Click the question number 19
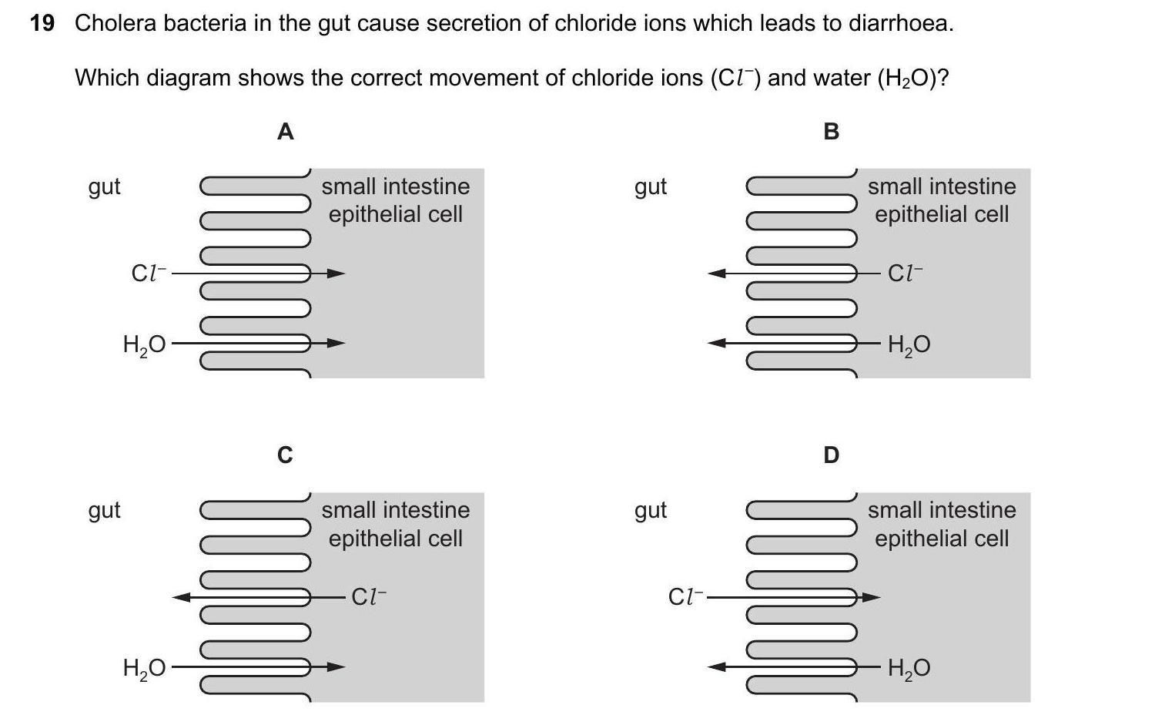(x=42, y=24)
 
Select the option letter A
(x=285, y=133)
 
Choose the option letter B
(x=831, y=133)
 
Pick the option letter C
(x=285, y=455)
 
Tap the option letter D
(x=831, y=455)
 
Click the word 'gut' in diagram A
(x=105, y=187)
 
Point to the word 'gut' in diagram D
(x=651, y=511)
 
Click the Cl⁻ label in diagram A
(x=149, y=273)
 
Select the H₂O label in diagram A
(x=144, y=344)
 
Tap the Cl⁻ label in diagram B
(x=906, y=273)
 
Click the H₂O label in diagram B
(x=909, y=344)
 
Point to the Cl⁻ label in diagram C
(x=369, y=596)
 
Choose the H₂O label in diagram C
(x=144, y=668)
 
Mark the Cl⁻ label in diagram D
(x=686, y=596)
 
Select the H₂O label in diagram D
(x=909, y=668)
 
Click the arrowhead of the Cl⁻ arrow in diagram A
(x=336, y=273)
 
